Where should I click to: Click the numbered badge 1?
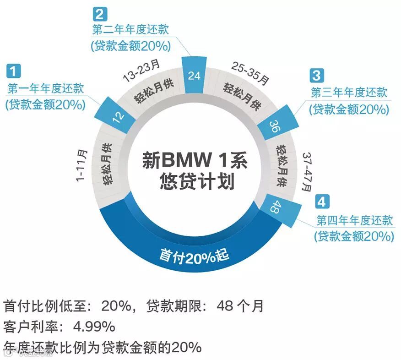[x=13, y=71]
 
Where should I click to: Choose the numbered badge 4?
[x=322, y=202]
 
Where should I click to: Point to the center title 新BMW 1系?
[x=194, y=161]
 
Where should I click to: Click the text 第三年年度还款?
[x=349, y=93]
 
